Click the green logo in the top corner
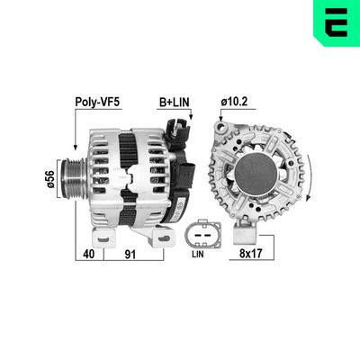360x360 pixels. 336,22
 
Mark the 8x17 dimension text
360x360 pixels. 253,256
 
